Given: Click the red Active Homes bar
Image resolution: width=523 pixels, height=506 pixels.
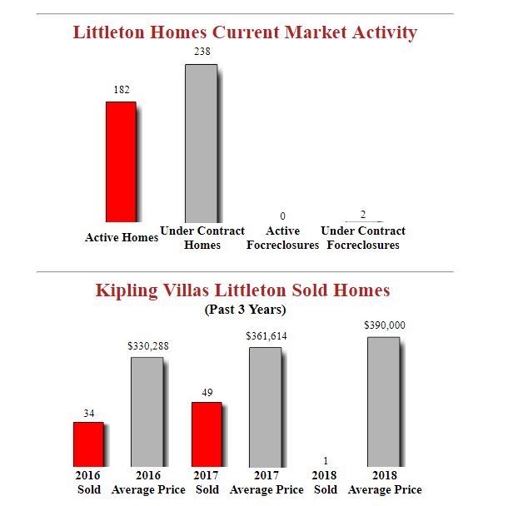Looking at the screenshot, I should point(121,161).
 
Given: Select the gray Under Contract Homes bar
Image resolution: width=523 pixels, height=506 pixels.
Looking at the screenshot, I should point(201,142).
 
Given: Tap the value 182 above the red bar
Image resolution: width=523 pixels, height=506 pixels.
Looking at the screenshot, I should point(121,88).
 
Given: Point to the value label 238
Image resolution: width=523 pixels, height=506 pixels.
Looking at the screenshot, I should point(202,52).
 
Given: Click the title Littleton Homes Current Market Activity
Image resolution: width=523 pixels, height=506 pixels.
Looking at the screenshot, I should point(245,32).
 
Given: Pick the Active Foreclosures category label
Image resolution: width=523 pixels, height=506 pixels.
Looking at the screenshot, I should point(283,238).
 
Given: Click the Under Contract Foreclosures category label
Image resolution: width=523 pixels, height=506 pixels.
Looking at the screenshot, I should point(363,238).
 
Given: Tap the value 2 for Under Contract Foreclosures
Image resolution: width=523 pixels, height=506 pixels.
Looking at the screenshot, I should point(363,216).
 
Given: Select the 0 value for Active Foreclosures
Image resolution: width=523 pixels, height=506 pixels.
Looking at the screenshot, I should point(283,216).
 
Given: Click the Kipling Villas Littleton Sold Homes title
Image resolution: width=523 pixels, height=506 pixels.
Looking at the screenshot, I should point(242,290).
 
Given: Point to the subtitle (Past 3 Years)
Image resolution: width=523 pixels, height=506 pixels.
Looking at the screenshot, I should point(245,310).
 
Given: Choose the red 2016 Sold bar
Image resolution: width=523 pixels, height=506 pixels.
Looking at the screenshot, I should point(88,444).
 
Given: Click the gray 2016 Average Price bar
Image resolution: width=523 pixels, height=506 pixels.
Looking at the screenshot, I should point(147,411).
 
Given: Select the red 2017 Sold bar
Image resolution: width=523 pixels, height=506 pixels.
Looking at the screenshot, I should point(207,434).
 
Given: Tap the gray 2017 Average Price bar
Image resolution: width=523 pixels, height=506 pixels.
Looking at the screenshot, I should point(266,406).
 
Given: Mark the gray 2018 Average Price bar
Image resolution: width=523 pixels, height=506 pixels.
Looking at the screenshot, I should point(384,401).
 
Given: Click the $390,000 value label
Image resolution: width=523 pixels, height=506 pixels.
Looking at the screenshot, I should point(385,325).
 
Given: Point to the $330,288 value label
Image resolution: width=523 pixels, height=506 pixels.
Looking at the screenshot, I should point(147,345).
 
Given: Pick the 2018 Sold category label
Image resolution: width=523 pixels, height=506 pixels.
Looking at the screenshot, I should point(326,482).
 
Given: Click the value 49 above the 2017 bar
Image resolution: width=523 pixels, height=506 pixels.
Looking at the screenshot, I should point(207,391).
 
